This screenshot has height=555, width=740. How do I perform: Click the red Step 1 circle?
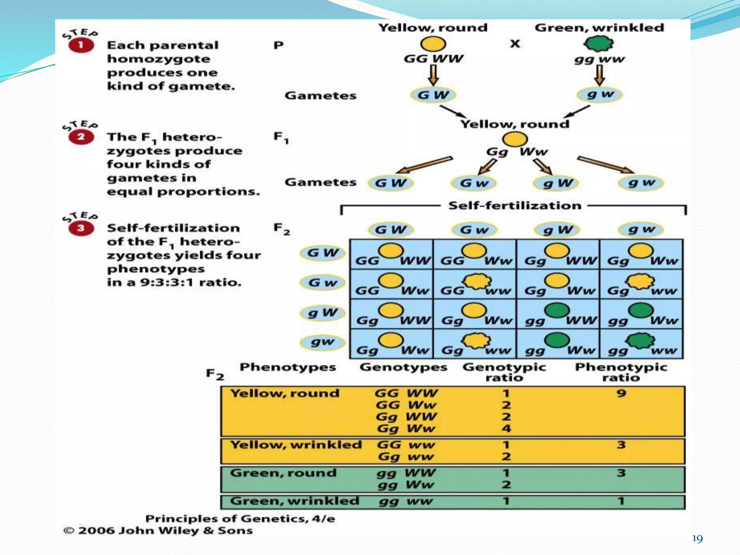pyautogui.click(x=81, y=46)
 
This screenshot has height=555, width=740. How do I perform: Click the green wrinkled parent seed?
pyautogui.click(x=599, y=44)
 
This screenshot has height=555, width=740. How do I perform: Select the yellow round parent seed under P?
pyautogui.click(x=433, y=44)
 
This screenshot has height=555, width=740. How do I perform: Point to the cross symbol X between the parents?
pyautogui.click(x=515, y=44)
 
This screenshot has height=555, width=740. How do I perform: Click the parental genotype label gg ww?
pyautogui.click(x=599, y=59)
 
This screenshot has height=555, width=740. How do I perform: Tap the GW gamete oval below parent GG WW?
pyautogui.click(x=433, y=95)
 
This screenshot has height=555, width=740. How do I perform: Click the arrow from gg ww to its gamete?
pyautogui.click(x=599, y=76)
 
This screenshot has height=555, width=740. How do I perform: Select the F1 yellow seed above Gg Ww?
pyautogui.click(x=515, y=139)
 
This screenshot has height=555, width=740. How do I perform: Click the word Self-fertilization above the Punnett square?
pyautogui.click(x=515, y=206)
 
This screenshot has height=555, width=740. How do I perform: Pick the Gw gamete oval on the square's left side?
pyautogui.click(x=323, y=282)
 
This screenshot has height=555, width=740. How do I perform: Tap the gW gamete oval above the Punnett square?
pyautogui.click(x=557, y=230)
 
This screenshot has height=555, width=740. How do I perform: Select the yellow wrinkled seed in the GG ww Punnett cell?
pyautogui.click(x=477, y=281)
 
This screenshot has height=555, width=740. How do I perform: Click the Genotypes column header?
pyautogui.click(x=403, y=367)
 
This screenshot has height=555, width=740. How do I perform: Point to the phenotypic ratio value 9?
pyautogui.click(x=621, y=393)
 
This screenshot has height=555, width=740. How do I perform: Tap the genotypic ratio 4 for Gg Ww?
pyautogui.click(x=506, y=429)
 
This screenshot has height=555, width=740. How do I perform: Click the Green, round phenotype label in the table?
pyautogui.click(x=283, y=473)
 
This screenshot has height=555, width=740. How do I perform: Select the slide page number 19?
pyautogui.click(x=697, y=539)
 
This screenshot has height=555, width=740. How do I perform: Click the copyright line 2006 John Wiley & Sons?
pyautogui.click(x=158, y=530)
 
